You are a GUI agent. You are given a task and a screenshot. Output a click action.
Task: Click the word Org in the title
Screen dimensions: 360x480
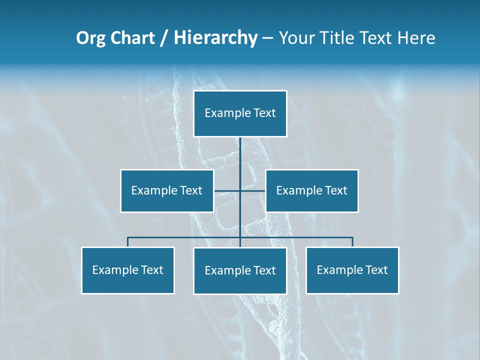pyautogui.click(x=90, y=38)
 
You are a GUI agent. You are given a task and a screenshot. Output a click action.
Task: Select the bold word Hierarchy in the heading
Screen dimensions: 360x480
pyautogui.click(x=215, y=38)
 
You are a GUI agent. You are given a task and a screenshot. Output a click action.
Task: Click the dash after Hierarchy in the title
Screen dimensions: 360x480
pyautogui.click(x=267, y=38)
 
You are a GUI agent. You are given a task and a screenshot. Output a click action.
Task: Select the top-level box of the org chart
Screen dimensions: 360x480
pyautogui.click(x=240, y=113)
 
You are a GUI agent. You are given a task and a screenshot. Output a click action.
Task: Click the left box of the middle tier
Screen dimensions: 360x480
pyautogui.click(x=167, y=190)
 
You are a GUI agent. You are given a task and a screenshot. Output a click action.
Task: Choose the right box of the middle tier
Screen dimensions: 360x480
pyautogui.click(x=312, y=190)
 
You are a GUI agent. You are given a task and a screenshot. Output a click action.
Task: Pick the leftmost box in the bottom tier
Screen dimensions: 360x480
pyautogui.click(x=128, y=270)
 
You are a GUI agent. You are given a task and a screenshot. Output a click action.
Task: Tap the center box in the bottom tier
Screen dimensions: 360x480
pyautogui.click(x=240, y=270)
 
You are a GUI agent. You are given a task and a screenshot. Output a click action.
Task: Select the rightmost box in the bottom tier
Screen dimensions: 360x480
pyautogui.click(x=352, y=270)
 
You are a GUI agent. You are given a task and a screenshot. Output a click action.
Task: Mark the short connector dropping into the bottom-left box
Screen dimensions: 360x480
pyautogui.click(x=128, y=242)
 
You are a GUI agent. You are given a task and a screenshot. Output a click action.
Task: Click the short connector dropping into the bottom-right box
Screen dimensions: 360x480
pyautogui.click(x=352, y=242)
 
